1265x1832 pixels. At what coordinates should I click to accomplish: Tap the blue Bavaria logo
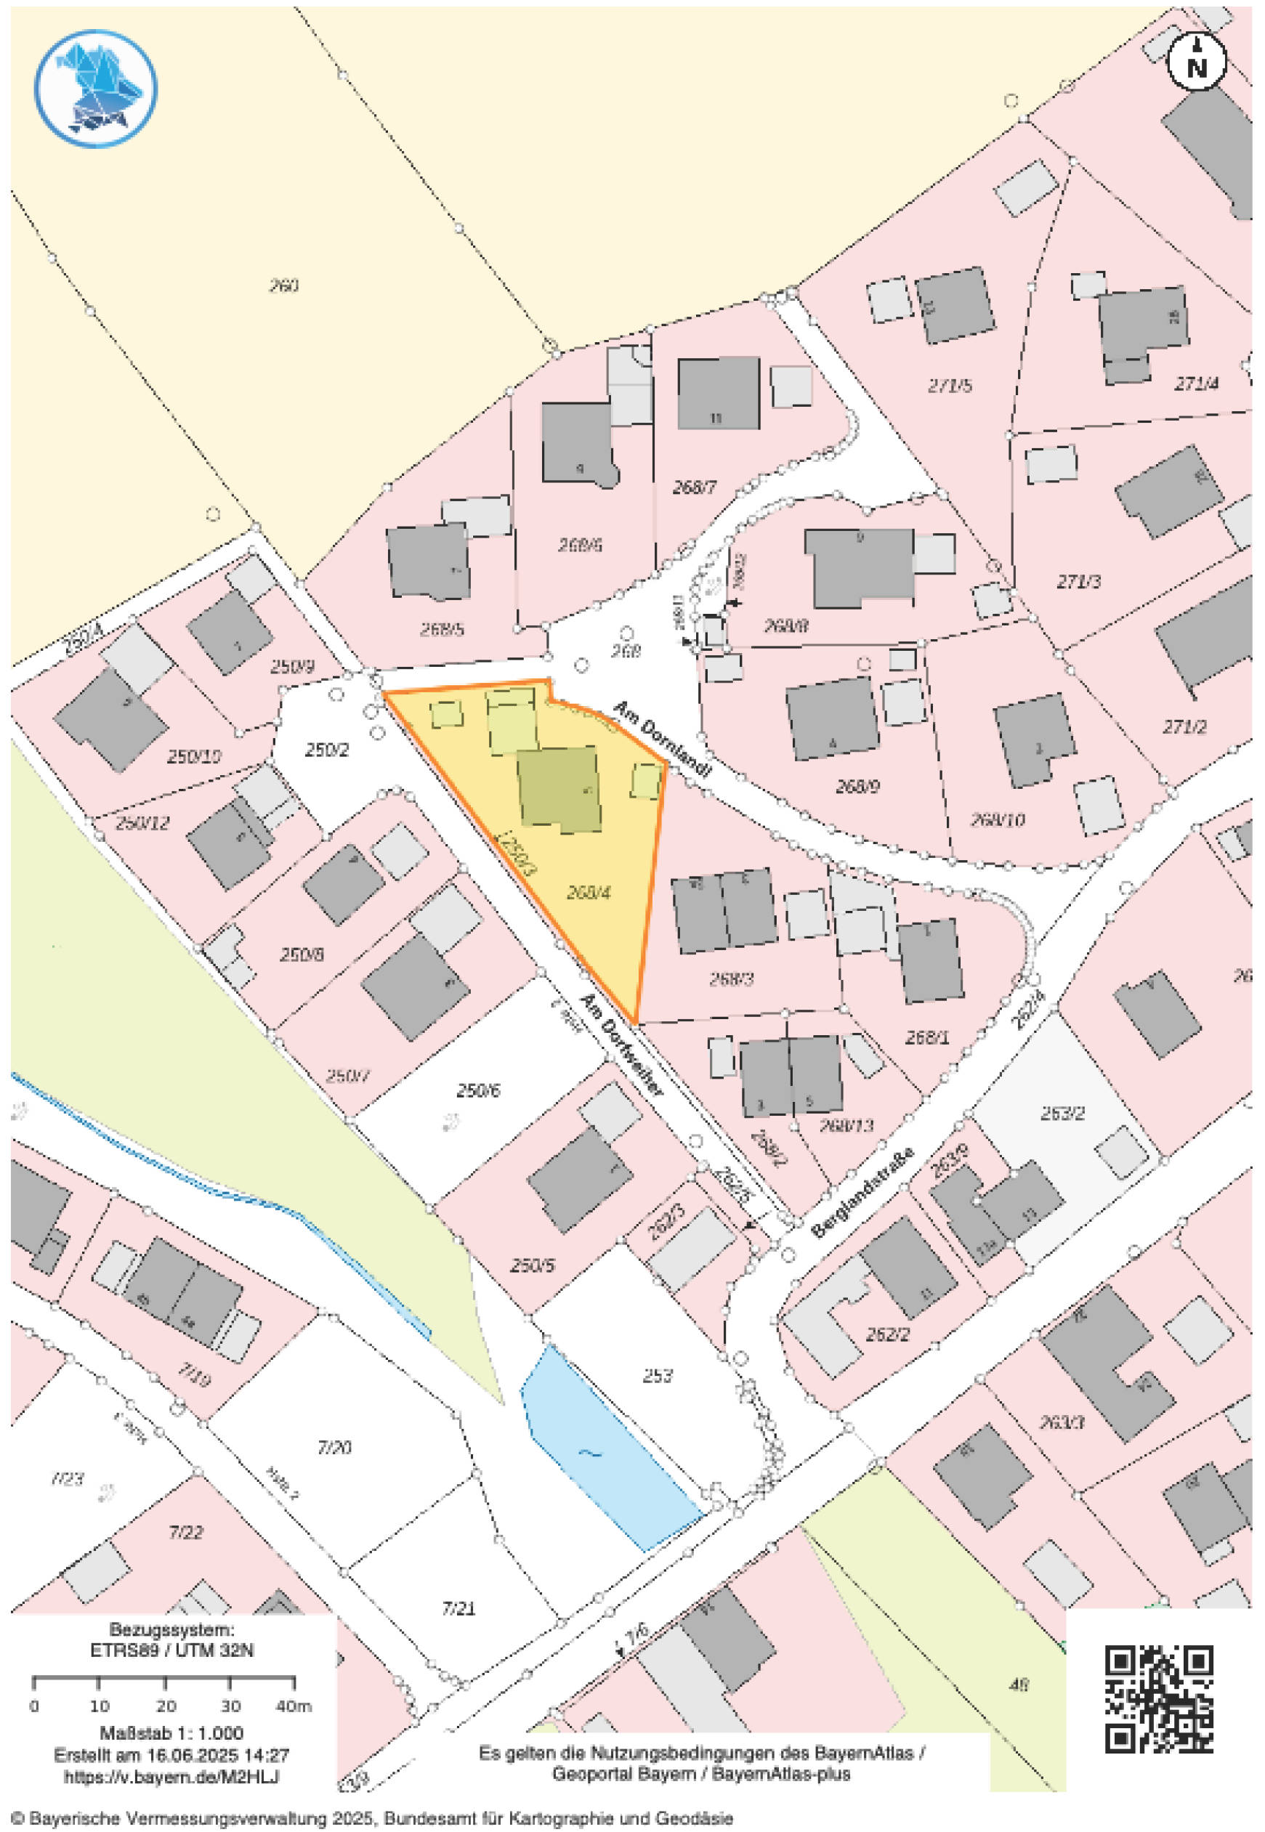[x=95, y=89]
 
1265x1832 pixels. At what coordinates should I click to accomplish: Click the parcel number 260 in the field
[x=283, y=286]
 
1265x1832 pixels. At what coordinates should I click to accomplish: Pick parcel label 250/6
[x=478, y=1092]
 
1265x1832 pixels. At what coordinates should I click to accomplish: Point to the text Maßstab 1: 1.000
[x=171, y=1732]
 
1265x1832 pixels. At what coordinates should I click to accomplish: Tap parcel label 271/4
[x=1196, y=384]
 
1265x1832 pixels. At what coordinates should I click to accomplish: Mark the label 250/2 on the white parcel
[x=326, y=750]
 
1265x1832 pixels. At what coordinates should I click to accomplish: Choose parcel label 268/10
[x=998, y=819]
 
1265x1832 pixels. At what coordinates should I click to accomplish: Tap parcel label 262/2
[x=887, y=1335]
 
